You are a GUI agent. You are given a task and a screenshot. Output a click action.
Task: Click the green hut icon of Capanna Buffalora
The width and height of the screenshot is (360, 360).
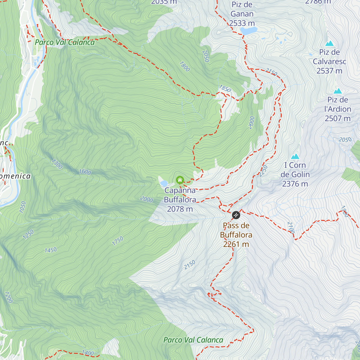(180, 180)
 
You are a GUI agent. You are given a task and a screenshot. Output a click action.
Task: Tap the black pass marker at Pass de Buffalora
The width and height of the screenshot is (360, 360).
(236, 215)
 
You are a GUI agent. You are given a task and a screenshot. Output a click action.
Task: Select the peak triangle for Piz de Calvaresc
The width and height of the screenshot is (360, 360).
(329, 43)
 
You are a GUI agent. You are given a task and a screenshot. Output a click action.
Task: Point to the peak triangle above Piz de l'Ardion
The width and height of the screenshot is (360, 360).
(338, 91)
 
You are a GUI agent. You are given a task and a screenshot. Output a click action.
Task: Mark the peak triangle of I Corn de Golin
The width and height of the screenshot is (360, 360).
(295, 156)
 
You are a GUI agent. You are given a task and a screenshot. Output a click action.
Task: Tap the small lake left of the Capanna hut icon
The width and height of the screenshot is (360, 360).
(164, 183)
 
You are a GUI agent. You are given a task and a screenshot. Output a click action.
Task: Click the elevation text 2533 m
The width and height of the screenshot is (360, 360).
(242, 23)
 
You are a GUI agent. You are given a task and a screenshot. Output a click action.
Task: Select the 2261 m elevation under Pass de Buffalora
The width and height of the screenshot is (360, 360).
(236, 244)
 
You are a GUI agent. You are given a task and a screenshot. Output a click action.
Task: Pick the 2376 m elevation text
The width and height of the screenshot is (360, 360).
(295, 184)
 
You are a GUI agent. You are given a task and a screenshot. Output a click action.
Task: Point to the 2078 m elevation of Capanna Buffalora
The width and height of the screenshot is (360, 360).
(180, 209)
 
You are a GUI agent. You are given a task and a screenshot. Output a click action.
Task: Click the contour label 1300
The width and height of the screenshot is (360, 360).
(57, 164)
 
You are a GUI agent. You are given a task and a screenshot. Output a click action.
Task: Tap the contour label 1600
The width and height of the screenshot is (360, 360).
(85, 172)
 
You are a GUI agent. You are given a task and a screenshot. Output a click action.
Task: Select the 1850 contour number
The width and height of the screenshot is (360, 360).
(225, 88)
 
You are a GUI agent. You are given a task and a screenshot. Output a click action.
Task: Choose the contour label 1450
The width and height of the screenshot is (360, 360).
(50, 250)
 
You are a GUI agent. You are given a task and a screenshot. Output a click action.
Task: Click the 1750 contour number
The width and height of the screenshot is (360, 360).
(118, 241)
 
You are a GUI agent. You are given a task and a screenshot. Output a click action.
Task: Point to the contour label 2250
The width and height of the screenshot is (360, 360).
(263, 171)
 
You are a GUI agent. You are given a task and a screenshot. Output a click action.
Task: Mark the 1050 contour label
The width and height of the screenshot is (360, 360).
(23, 207)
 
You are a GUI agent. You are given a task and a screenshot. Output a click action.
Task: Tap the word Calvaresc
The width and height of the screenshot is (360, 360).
(329, 61)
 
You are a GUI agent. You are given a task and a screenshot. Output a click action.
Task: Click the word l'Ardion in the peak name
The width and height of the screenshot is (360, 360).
(338, 109)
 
